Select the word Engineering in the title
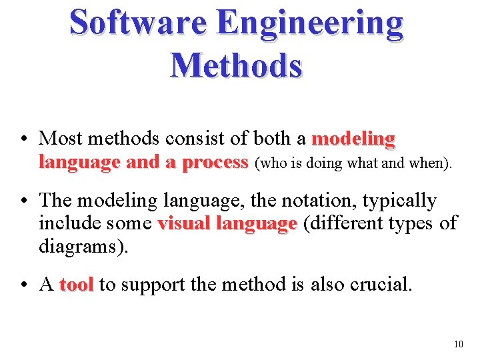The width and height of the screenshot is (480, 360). pos(310,23)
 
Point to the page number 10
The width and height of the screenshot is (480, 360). pos(457,345)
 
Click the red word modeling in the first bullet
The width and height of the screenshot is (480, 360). pos(353,139)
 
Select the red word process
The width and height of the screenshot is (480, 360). pos(215,163)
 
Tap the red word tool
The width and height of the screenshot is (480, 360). pos(76,285)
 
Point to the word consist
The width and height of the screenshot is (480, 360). pos(193,139)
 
